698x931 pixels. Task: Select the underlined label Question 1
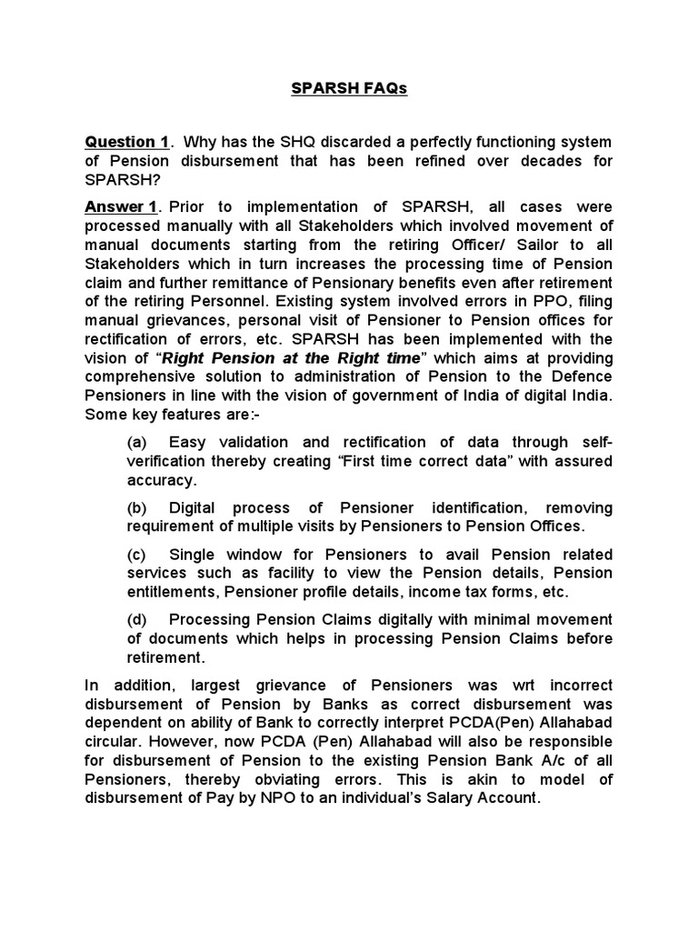[126, 142]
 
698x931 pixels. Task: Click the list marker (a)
[137, 442]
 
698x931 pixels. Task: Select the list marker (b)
[137, 507]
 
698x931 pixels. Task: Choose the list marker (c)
[137, 555]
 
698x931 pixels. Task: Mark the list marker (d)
[137, 619]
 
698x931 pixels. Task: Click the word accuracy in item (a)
[160, 480]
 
